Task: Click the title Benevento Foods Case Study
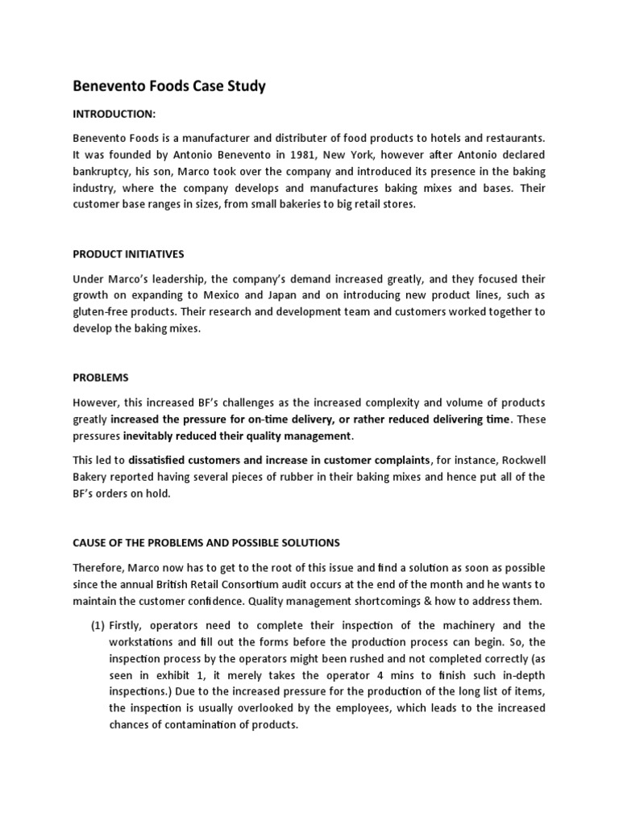pos(168,86)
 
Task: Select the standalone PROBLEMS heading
pos(101,378)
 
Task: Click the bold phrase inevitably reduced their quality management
pos(238,436)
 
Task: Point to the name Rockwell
pos(523,460)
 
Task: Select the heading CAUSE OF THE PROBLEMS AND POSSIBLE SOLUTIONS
pos(207,542)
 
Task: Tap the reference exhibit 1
pos(158,675)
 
